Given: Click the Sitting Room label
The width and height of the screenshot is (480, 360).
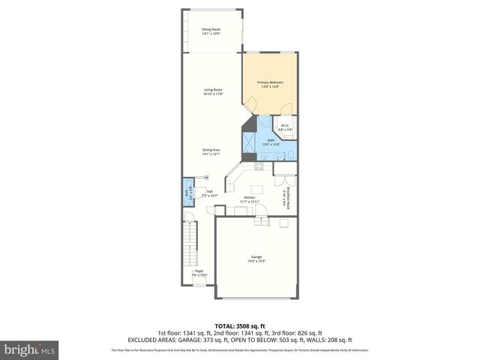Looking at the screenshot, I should [211, 31].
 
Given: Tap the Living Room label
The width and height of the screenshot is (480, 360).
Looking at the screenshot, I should [214, 92].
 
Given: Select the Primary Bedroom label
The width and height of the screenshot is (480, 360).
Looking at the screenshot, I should [270, 84].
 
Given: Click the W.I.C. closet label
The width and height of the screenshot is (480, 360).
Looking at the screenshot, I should [286, 127].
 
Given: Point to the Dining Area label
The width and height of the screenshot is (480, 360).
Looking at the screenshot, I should [211, 151].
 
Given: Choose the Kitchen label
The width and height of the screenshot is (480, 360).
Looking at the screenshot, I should [250, 199].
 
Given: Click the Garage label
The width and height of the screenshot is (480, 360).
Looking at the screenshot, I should [256, 259].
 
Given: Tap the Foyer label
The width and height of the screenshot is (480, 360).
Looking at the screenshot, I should [199, 273].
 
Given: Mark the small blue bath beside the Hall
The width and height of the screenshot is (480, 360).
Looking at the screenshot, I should [187, 192].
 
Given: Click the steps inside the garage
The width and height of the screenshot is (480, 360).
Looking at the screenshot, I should [284, 223].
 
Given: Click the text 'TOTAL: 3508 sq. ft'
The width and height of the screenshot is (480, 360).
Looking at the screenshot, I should [239, 326].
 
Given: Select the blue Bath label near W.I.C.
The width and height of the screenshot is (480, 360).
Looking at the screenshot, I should [271, 141].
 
